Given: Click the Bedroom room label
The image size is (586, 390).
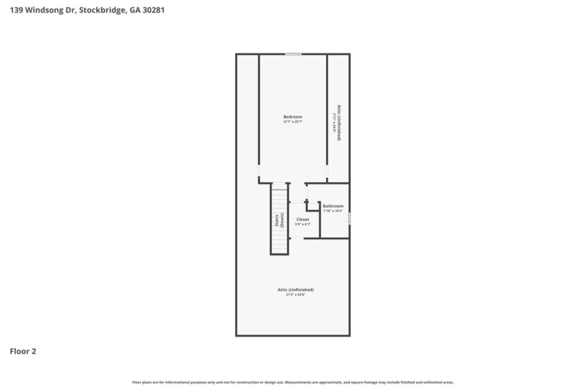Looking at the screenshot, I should tap(293, 116).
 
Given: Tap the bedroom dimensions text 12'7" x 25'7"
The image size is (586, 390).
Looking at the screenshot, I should tap(293, 121).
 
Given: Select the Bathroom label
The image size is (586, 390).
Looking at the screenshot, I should tap(333, 206).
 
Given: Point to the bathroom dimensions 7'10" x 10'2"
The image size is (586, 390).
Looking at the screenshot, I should tap(333, 211).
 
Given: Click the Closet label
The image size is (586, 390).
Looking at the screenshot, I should tap(303, 219).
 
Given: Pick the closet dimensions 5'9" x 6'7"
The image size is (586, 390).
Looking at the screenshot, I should tap(303, 224).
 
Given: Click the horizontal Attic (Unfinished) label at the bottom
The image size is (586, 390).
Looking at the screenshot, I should tap(295, 289).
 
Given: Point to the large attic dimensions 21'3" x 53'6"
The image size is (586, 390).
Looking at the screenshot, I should tap(295, 295).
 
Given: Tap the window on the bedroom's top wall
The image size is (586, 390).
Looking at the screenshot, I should tap(293, 53).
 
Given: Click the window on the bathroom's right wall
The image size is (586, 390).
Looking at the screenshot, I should tap(349, 218).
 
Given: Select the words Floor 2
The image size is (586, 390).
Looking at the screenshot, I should tap(23, 351).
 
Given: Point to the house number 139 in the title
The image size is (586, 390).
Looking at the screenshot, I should tap(16, 12).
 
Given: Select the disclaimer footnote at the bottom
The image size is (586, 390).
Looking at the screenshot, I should tap(293, 382).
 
